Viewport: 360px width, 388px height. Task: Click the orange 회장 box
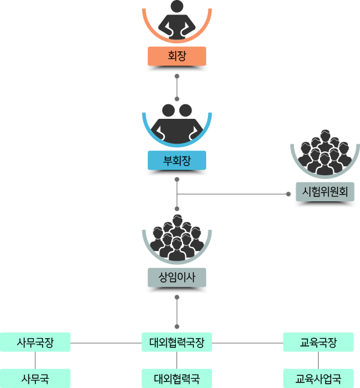177,56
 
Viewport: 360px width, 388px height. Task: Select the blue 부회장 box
177,160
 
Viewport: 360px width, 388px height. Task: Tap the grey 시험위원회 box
325,192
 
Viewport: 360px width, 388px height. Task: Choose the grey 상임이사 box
177,278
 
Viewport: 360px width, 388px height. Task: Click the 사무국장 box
35,342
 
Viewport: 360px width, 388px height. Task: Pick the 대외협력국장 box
176,342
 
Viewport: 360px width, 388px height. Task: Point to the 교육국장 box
318,342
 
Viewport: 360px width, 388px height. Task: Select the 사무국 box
35,378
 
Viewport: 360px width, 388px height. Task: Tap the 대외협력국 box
176,378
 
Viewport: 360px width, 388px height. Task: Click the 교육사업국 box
318,378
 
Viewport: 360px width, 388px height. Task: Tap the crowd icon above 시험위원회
325,152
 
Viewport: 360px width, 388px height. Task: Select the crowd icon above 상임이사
177,238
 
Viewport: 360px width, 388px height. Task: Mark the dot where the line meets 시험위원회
288,194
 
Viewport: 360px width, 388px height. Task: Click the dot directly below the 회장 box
177,76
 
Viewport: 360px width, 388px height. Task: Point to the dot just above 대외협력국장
177,327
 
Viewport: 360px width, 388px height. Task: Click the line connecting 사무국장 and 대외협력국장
106,343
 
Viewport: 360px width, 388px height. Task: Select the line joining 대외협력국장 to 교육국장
247,343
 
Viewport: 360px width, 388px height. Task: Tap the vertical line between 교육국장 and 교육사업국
318,360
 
